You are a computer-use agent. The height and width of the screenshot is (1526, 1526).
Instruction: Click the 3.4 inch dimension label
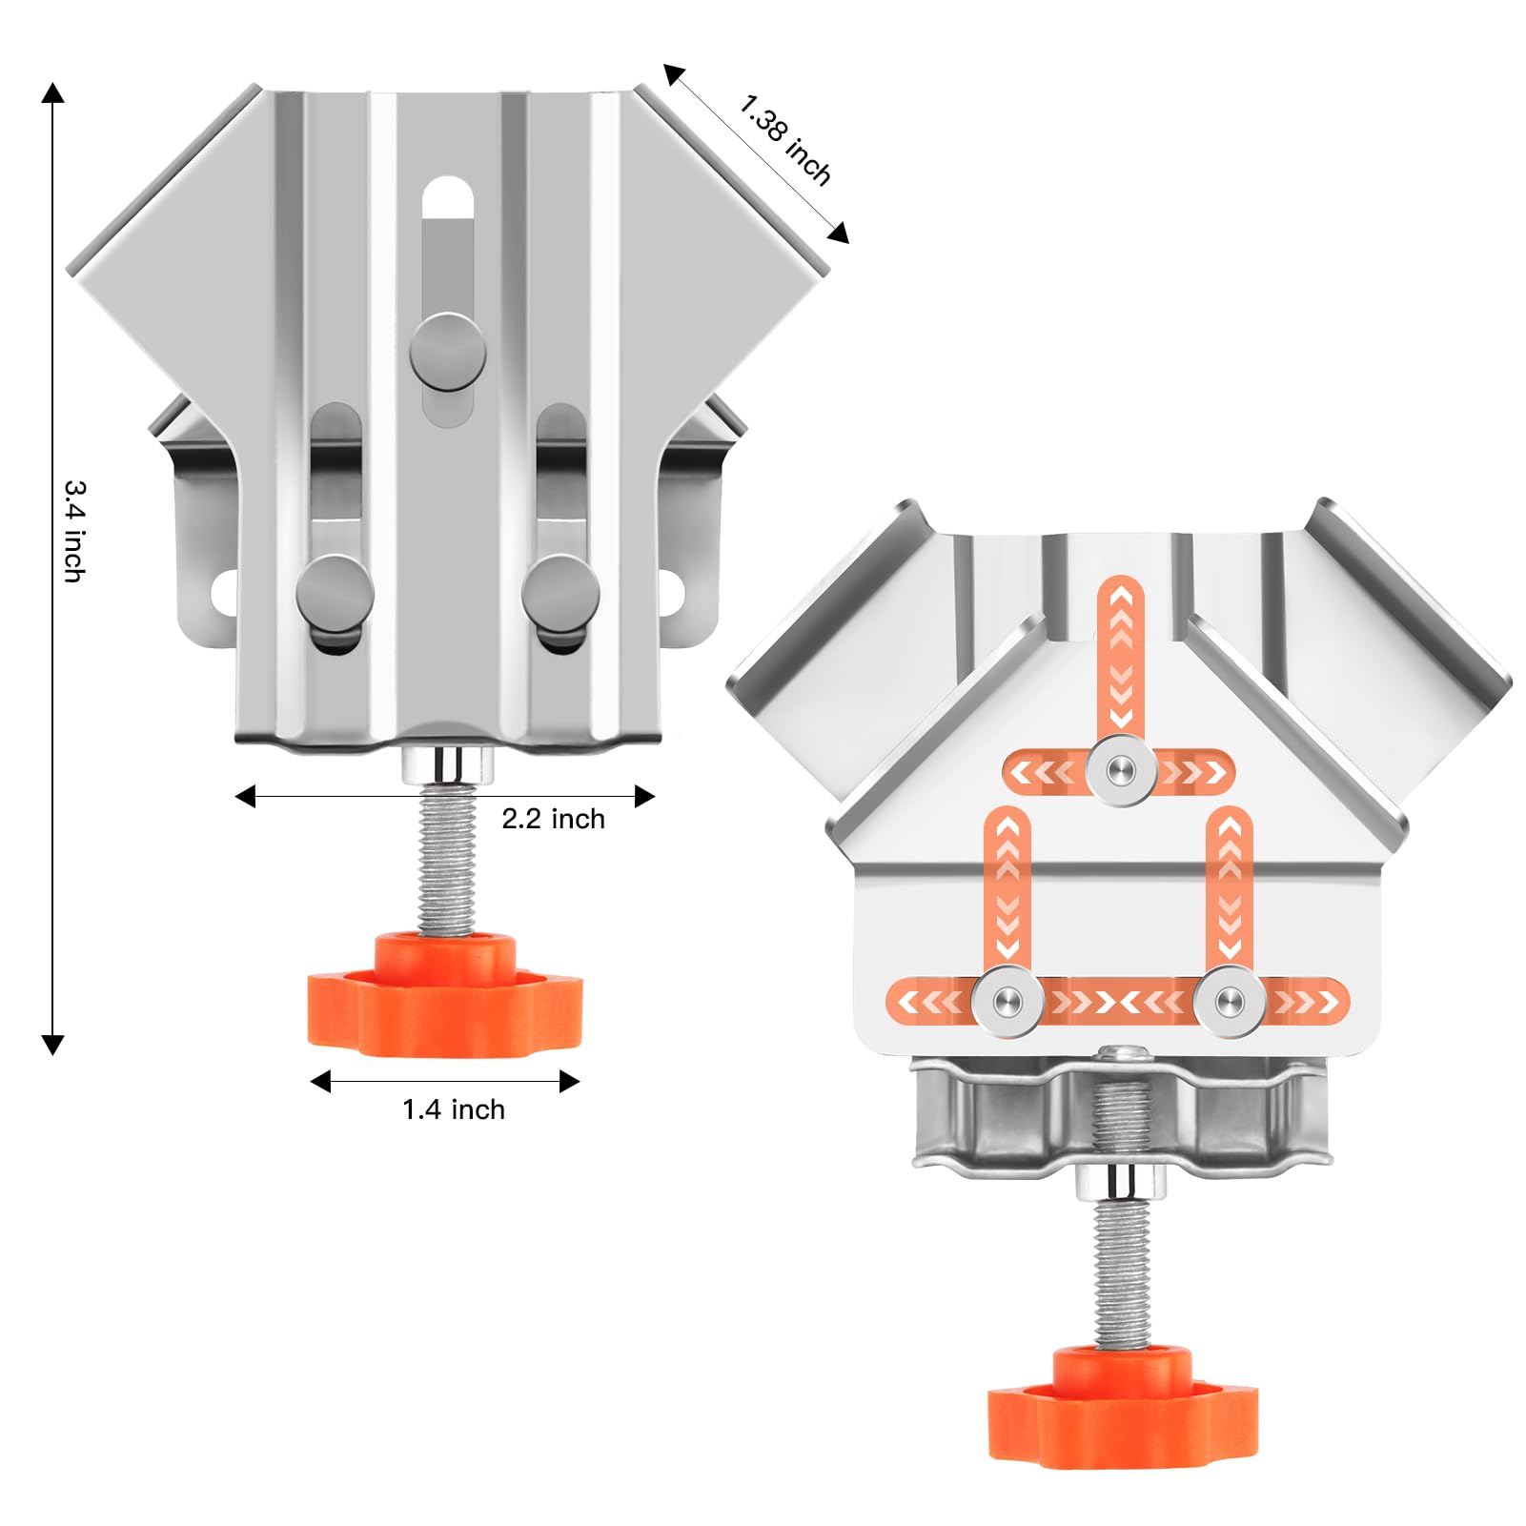click(74, 530)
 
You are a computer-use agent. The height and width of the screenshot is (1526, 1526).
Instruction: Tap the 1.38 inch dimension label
click(785, 139)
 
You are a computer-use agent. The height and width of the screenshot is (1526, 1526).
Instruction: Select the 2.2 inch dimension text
click(553, 819)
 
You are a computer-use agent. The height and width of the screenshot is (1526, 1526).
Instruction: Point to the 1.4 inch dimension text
click(453, 1109)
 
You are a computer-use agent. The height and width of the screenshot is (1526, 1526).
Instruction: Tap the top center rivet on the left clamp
click(447, 351)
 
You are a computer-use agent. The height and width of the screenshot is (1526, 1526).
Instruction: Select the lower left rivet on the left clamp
click(335, 592)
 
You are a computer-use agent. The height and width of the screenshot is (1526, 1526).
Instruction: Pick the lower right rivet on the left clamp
click(560, 592)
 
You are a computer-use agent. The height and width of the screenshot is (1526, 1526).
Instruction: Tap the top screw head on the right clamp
click(1122, 770)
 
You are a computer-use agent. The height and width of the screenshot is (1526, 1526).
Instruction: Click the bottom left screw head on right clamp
click(1007, 1001)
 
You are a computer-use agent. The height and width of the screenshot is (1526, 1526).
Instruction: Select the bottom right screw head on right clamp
click(1230, 1001)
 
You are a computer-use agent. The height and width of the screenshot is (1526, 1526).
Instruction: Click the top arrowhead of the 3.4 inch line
click(53, 93)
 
